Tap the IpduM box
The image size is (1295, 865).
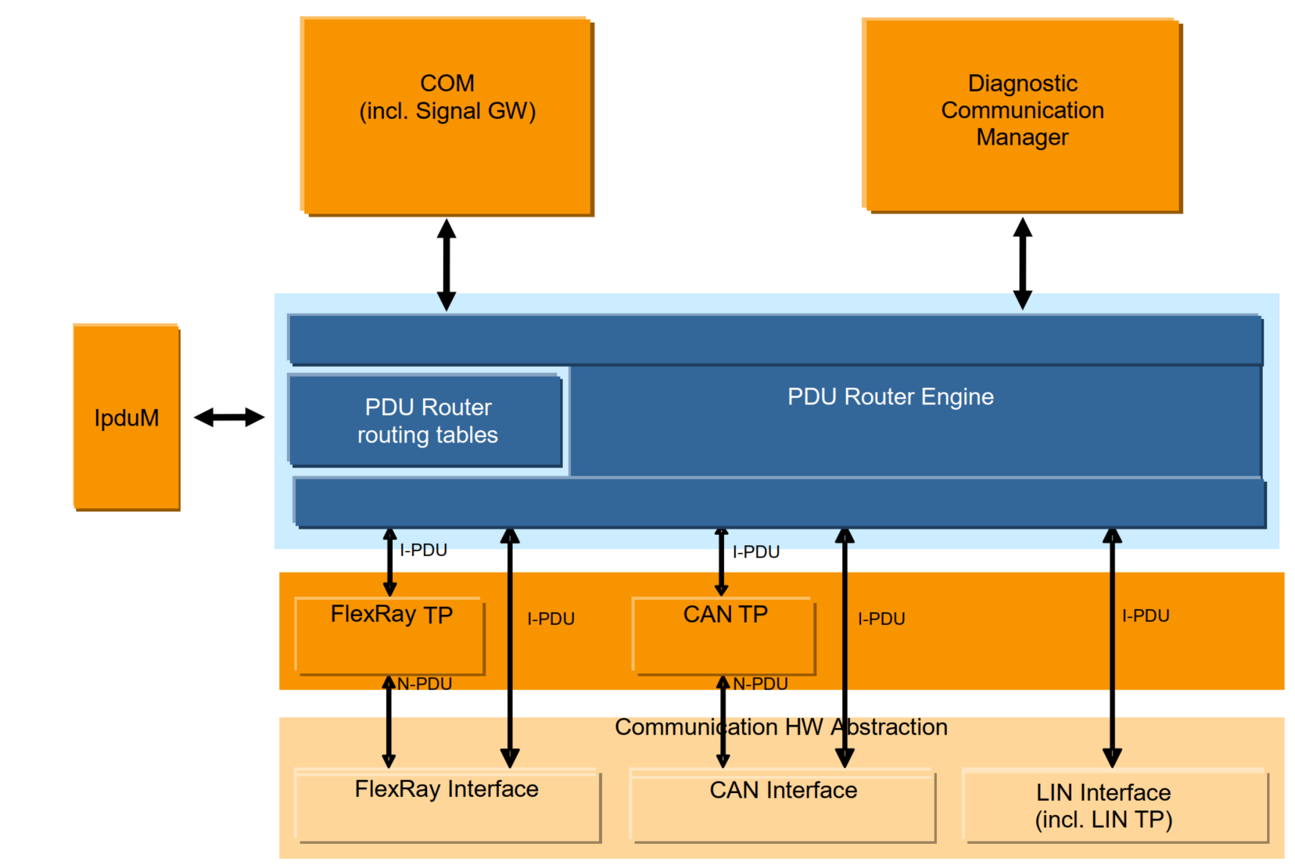[x=127, y=418]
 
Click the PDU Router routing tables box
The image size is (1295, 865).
[x=426, y=421]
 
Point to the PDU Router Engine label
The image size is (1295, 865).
[x=890, y=397]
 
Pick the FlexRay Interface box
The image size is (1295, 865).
[x=447, y=806]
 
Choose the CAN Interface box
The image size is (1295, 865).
[x=783, y=806]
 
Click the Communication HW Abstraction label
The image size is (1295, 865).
[x=780, y=727]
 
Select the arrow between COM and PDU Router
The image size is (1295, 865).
[x=447, y=264]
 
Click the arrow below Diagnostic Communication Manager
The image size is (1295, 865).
[x=1022, y=264]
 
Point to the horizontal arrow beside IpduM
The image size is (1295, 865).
[x=229, y=418]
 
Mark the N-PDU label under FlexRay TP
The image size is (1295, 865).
[x=425, y=684]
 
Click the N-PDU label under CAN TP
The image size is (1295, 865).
[x=760, y=684]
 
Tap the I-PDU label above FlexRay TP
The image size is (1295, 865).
[x=423, y=550]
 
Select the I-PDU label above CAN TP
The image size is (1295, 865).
[x=755, y=551]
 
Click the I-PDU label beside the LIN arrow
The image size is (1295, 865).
[x=1146, y=616]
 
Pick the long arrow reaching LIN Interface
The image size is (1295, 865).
[x=1112, y=649]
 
